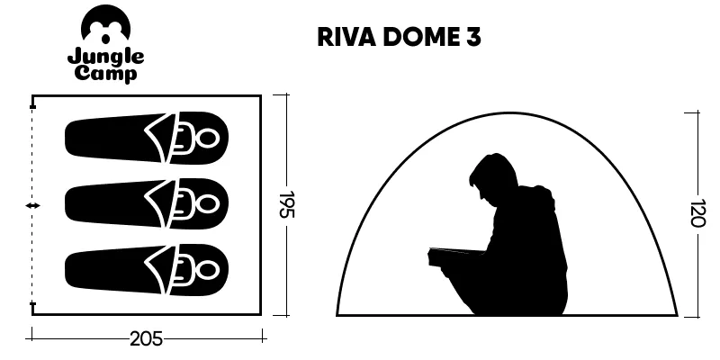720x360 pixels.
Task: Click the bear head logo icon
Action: pyautogui.click(x=105, y=24)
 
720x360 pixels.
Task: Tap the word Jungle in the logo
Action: pyautogui.click(x=105, y=58)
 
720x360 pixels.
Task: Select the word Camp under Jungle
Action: pyautogui.click(x=105, y=74)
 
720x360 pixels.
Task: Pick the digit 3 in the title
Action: pyautogui.click(x=473, y=38)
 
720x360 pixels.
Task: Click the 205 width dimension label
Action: pyautogui.click(x=146, y=339)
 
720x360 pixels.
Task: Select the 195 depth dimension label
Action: pyautogui.click(x=286, y=205)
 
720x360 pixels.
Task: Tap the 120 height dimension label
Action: pyautogui.click(x=697, y=213)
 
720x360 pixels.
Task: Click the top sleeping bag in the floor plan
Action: pyautogui.click(x=147, y=139)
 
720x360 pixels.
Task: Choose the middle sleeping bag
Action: pyautogui.click(x=147, y=204)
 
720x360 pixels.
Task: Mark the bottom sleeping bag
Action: pyautogui.click(x=147, y=269)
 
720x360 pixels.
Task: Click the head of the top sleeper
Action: pyautogui.click(x=208, y=139)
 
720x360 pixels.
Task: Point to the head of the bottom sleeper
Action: pyautogui.click(x=208, y=269)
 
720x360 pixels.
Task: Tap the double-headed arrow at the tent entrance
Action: pyautogui.click(x=32, y=206)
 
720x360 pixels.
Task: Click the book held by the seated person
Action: pyautogui.click(x=454, y=257)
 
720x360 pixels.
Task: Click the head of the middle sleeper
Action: pyautogui.click(x=208, y=204)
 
